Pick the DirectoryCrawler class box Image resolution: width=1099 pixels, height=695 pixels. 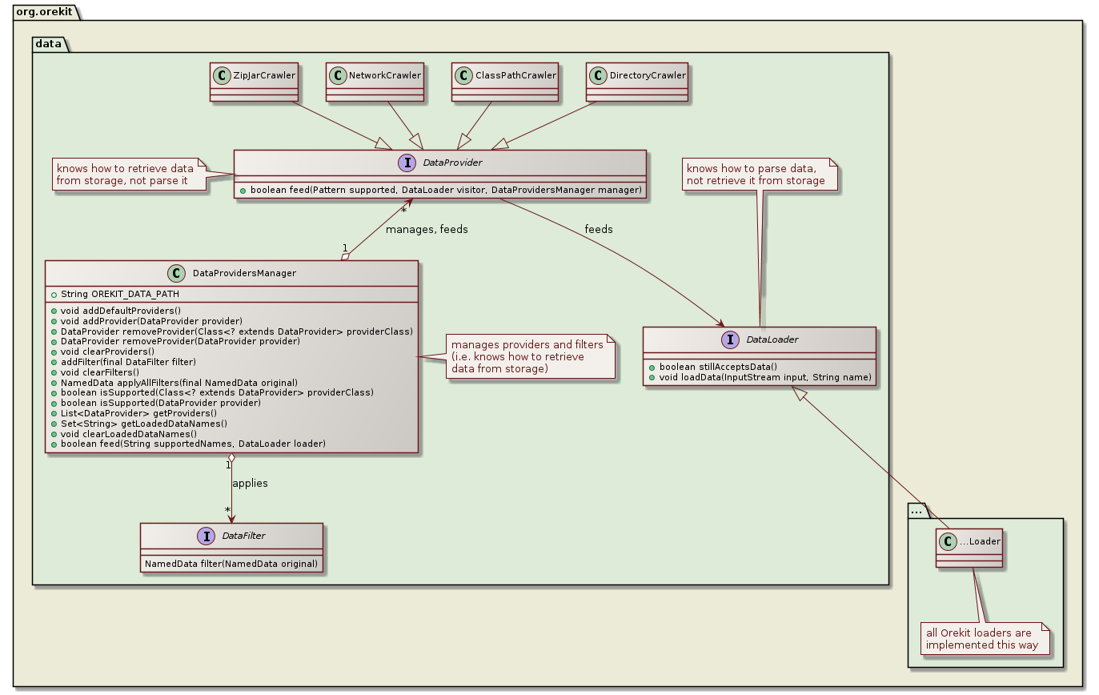click(636, 82)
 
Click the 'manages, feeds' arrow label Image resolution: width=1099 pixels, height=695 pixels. click(427, 230)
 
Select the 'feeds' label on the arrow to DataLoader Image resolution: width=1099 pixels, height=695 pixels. click(598, 229)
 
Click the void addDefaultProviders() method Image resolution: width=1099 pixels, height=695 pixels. click(121, 311)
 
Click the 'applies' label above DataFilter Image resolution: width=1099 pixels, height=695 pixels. click(250, 484)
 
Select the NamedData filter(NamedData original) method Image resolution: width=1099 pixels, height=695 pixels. click(231, 564)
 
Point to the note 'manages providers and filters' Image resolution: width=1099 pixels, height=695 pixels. click(527, 356)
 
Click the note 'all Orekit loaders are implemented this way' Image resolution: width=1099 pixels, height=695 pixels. click(983, 638)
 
